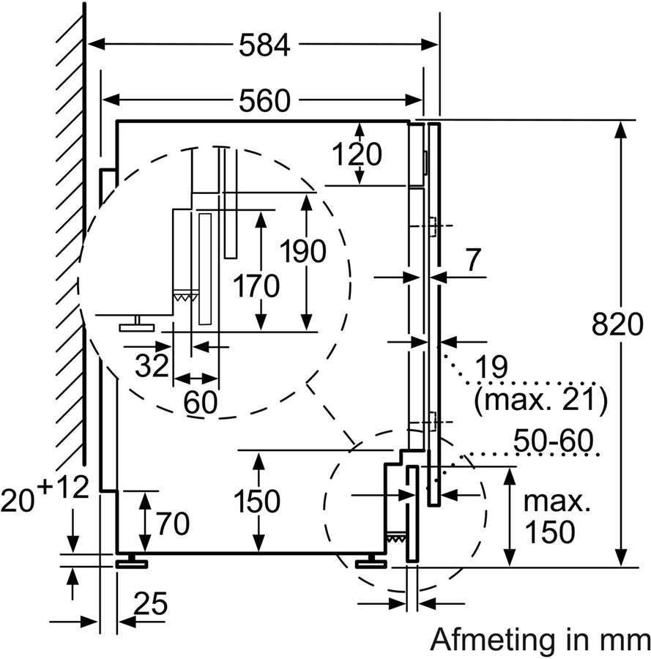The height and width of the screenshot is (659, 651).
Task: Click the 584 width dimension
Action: pyautogui.click(x=264, y=45)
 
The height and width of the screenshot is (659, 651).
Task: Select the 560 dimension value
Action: pyautogui.click(x=264, y=100)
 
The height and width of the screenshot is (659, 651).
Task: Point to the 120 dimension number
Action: pyautogui.click(x=357, y=154)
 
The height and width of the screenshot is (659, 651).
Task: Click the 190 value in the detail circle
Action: pyautogui.click(x=303, y=251)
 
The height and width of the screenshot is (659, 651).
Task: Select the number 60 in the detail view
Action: pyautogui.click(x=200, y=402)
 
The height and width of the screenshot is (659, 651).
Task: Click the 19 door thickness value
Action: pyautogui.click(x=490, y=368)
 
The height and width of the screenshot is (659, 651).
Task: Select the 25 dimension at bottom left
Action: pyautogui.click(x=150, y=605)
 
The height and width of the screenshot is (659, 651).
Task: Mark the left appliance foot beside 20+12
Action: pyautogui.click(x=131, y=562)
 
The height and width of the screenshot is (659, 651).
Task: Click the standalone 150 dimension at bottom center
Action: pyautogui.click(x=257, y=502)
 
